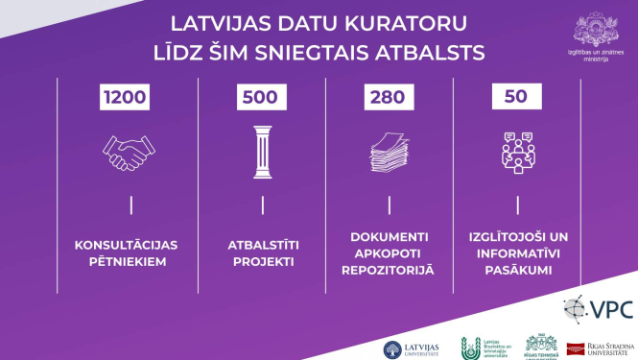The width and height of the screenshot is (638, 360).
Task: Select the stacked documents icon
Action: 389,152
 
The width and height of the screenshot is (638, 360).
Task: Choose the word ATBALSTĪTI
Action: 261,244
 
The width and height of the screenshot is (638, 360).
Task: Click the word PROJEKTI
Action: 261,261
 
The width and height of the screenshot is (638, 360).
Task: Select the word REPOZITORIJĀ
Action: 389,270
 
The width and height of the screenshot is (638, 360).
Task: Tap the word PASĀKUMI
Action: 519,270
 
